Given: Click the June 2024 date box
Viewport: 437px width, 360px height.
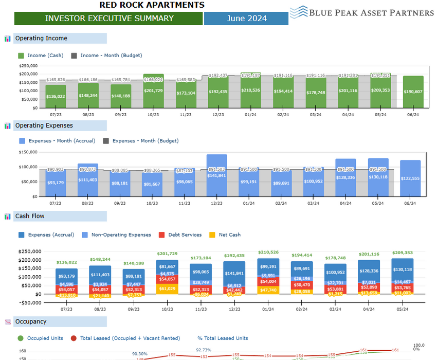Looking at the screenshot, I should tap(246, 19).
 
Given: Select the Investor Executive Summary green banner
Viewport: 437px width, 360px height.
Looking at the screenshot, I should tap(109, 19).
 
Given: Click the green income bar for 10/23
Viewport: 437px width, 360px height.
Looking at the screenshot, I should tap(153, 91).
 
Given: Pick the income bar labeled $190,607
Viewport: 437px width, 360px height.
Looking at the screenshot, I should tap(413, 92).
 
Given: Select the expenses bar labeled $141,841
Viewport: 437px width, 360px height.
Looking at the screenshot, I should tap(216, 175).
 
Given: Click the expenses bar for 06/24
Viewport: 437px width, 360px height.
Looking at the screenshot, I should tap(410, 178).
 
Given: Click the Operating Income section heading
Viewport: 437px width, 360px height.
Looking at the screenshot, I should tap(41, 39).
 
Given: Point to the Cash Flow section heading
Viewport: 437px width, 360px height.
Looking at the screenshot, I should tap(30, 217).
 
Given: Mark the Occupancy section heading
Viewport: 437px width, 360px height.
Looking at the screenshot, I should tap(31, 322).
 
